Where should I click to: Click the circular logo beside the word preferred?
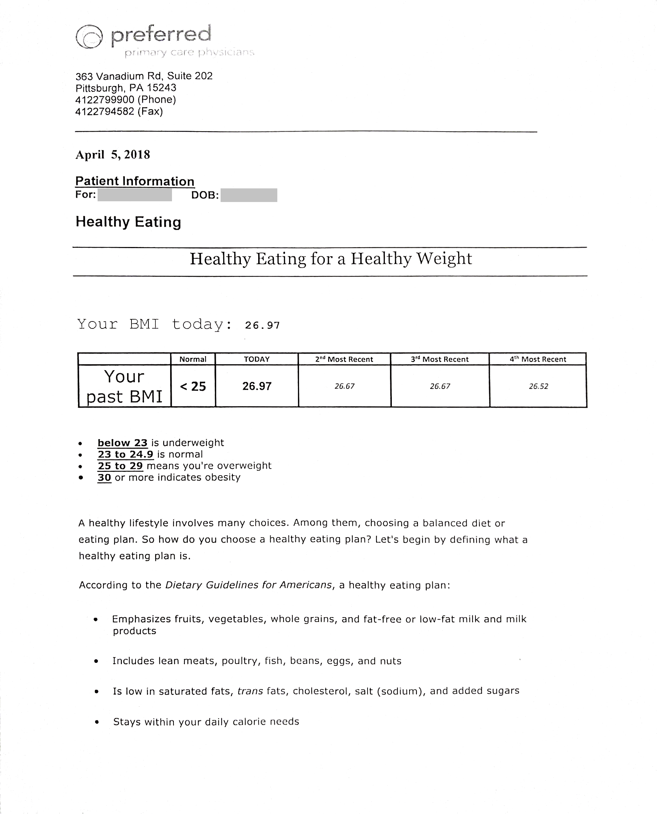(89, 37)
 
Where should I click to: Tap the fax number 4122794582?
(105, 112)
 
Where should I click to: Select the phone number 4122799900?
(105, 100)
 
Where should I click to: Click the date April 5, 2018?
(113, 154)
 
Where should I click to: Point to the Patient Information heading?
(135, 181)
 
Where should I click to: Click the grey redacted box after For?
(135, 195)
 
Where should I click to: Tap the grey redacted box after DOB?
(249, 195)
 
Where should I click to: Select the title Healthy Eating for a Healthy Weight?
(330, 259)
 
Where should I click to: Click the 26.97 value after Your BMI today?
(262, 326)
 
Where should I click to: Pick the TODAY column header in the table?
(257, 359)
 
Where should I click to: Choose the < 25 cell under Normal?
(193, 386)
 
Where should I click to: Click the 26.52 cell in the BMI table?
(538, 386)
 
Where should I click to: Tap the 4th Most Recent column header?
(538, 359)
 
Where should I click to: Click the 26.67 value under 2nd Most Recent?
(344, 386)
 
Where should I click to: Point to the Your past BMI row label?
(124, 386)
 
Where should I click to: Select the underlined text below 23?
(122, 443)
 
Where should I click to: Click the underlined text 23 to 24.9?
(125, 455)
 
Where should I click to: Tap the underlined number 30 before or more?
(105, 477)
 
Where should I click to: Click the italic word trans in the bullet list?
(250, 691)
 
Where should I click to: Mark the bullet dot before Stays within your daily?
(97, 722)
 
